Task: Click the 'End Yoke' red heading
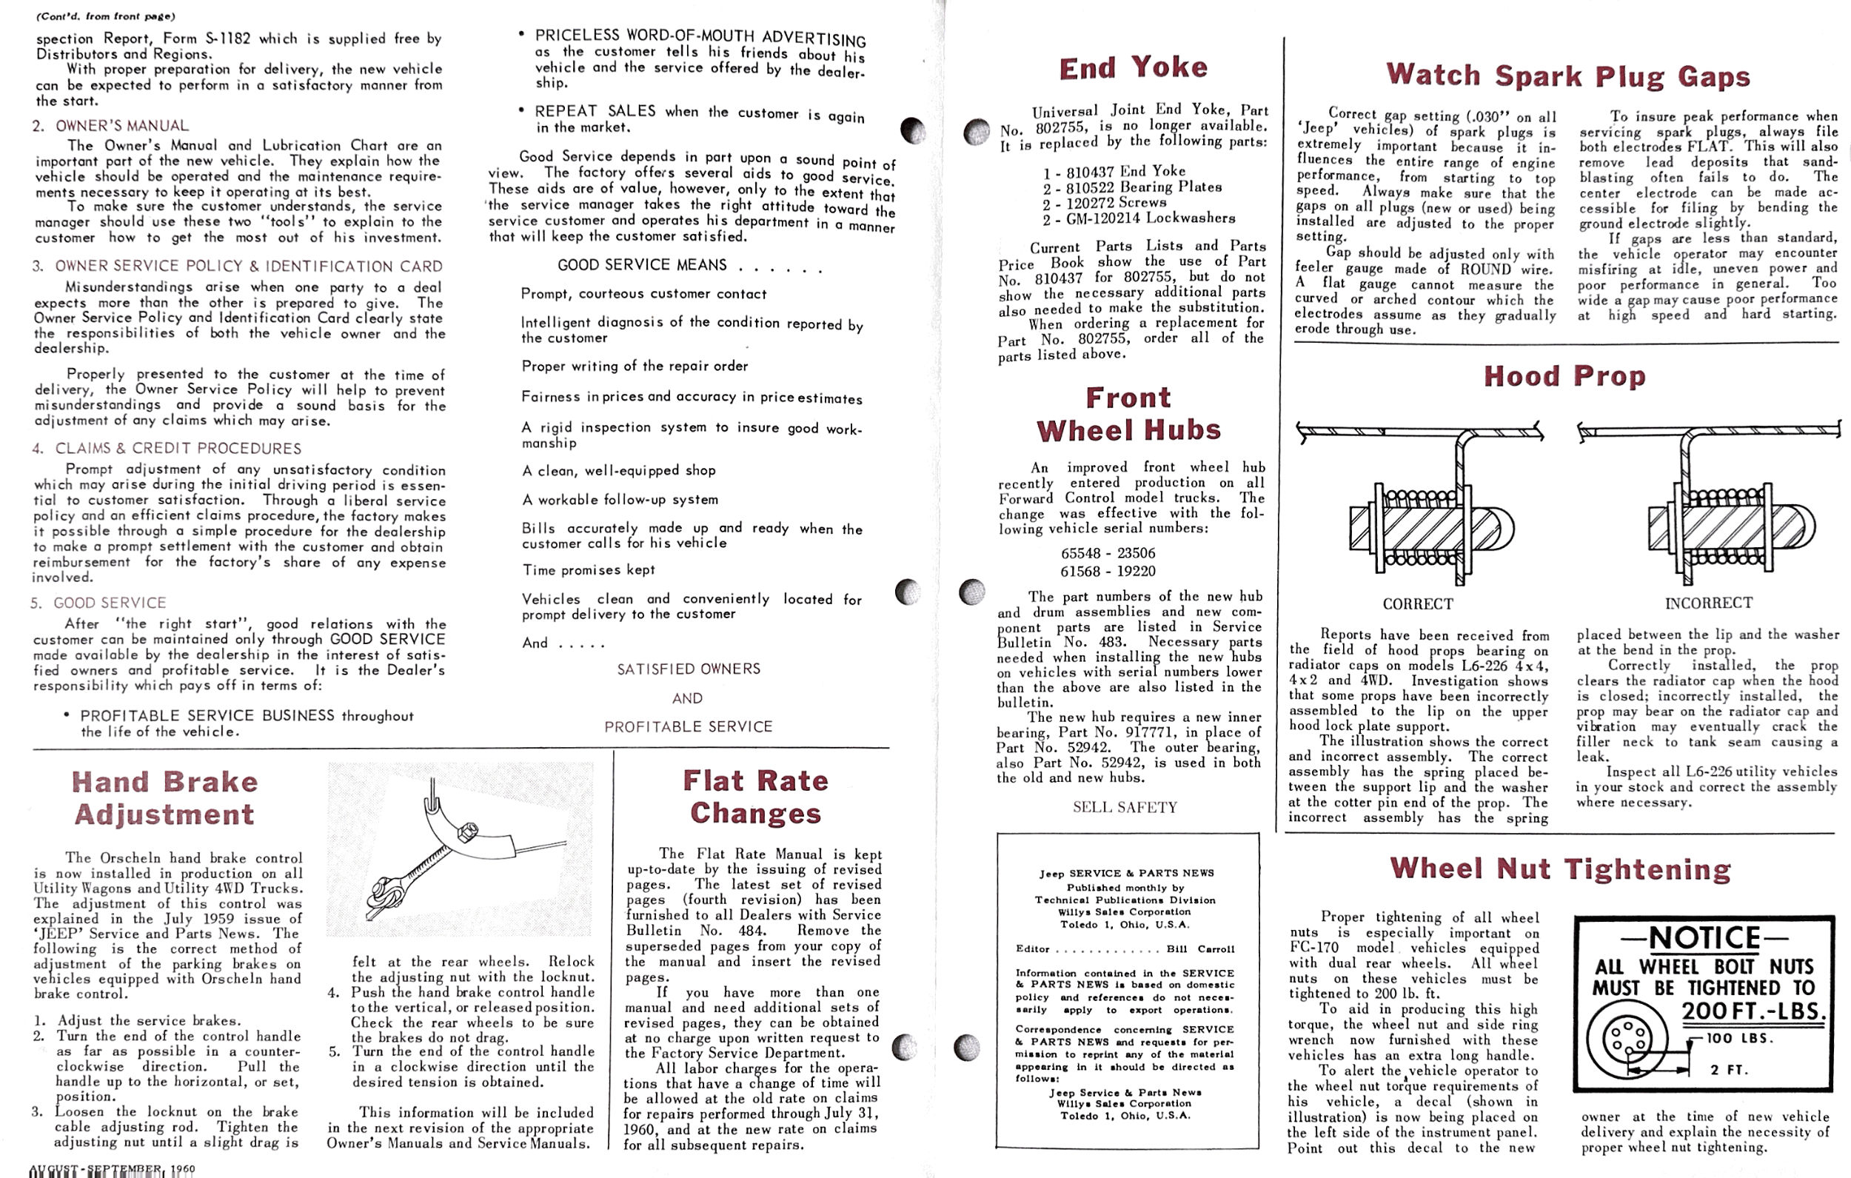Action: (x=1133, y=67)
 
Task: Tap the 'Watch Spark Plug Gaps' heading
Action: (x=1568, y=76)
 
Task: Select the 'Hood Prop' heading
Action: (x=1564, y=376)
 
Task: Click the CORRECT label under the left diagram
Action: (x=1417, y=604)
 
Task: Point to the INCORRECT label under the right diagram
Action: (x=1708, y=603)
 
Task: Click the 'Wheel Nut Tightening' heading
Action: (x=1561, y=869)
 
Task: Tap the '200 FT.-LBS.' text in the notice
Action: (x=1753, y=1011)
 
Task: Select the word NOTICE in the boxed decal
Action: (x=1704, y=938)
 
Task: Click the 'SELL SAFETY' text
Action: (x=1125, y=807)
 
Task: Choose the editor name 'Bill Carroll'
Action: (x=1200, y=949)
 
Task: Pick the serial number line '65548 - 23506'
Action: (x=1108, y=554)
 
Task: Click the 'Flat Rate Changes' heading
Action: (x=756, y=797)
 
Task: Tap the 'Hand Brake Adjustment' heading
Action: (x=164, y=798)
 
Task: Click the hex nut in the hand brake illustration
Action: (x=466, y=833)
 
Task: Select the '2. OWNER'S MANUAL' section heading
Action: (x=111, y=125)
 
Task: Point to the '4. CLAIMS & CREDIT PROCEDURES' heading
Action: (x=167, y=448)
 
